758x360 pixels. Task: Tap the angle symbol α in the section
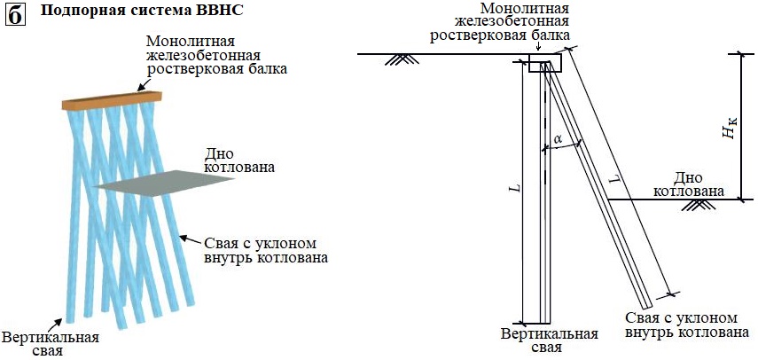[x=557, y=139]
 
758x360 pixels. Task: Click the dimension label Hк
[x=729, y=132]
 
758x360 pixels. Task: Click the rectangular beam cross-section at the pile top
[x=539, y=64]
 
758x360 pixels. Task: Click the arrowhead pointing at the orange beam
[x=142, y=88]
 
